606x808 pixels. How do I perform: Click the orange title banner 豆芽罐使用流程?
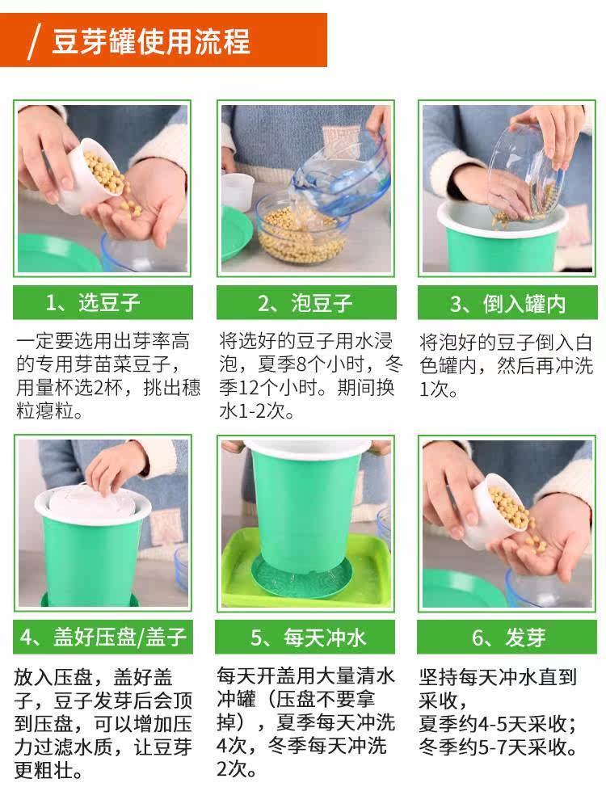tap(163, 40)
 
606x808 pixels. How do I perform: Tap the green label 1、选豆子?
tap(103, 302)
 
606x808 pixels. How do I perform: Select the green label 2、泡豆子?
tap(306, 302)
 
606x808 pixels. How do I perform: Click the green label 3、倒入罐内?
tap(507, 303)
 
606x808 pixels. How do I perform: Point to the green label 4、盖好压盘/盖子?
tap(103, 637)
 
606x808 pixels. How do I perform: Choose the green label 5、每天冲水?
tap(305, 638)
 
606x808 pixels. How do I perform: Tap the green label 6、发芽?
tap(507, 638)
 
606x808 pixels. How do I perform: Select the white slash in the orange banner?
tap(34, 41)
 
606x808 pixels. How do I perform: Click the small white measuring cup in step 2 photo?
tap(238, 191)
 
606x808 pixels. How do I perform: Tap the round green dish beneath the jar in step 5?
tap(302, 577)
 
